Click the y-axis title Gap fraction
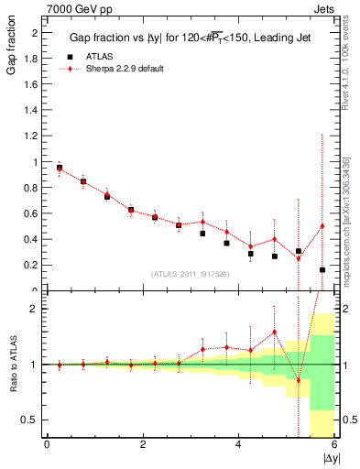coord(12,56)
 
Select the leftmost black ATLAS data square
coord(60,169)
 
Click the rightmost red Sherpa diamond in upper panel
coord(322,226)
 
